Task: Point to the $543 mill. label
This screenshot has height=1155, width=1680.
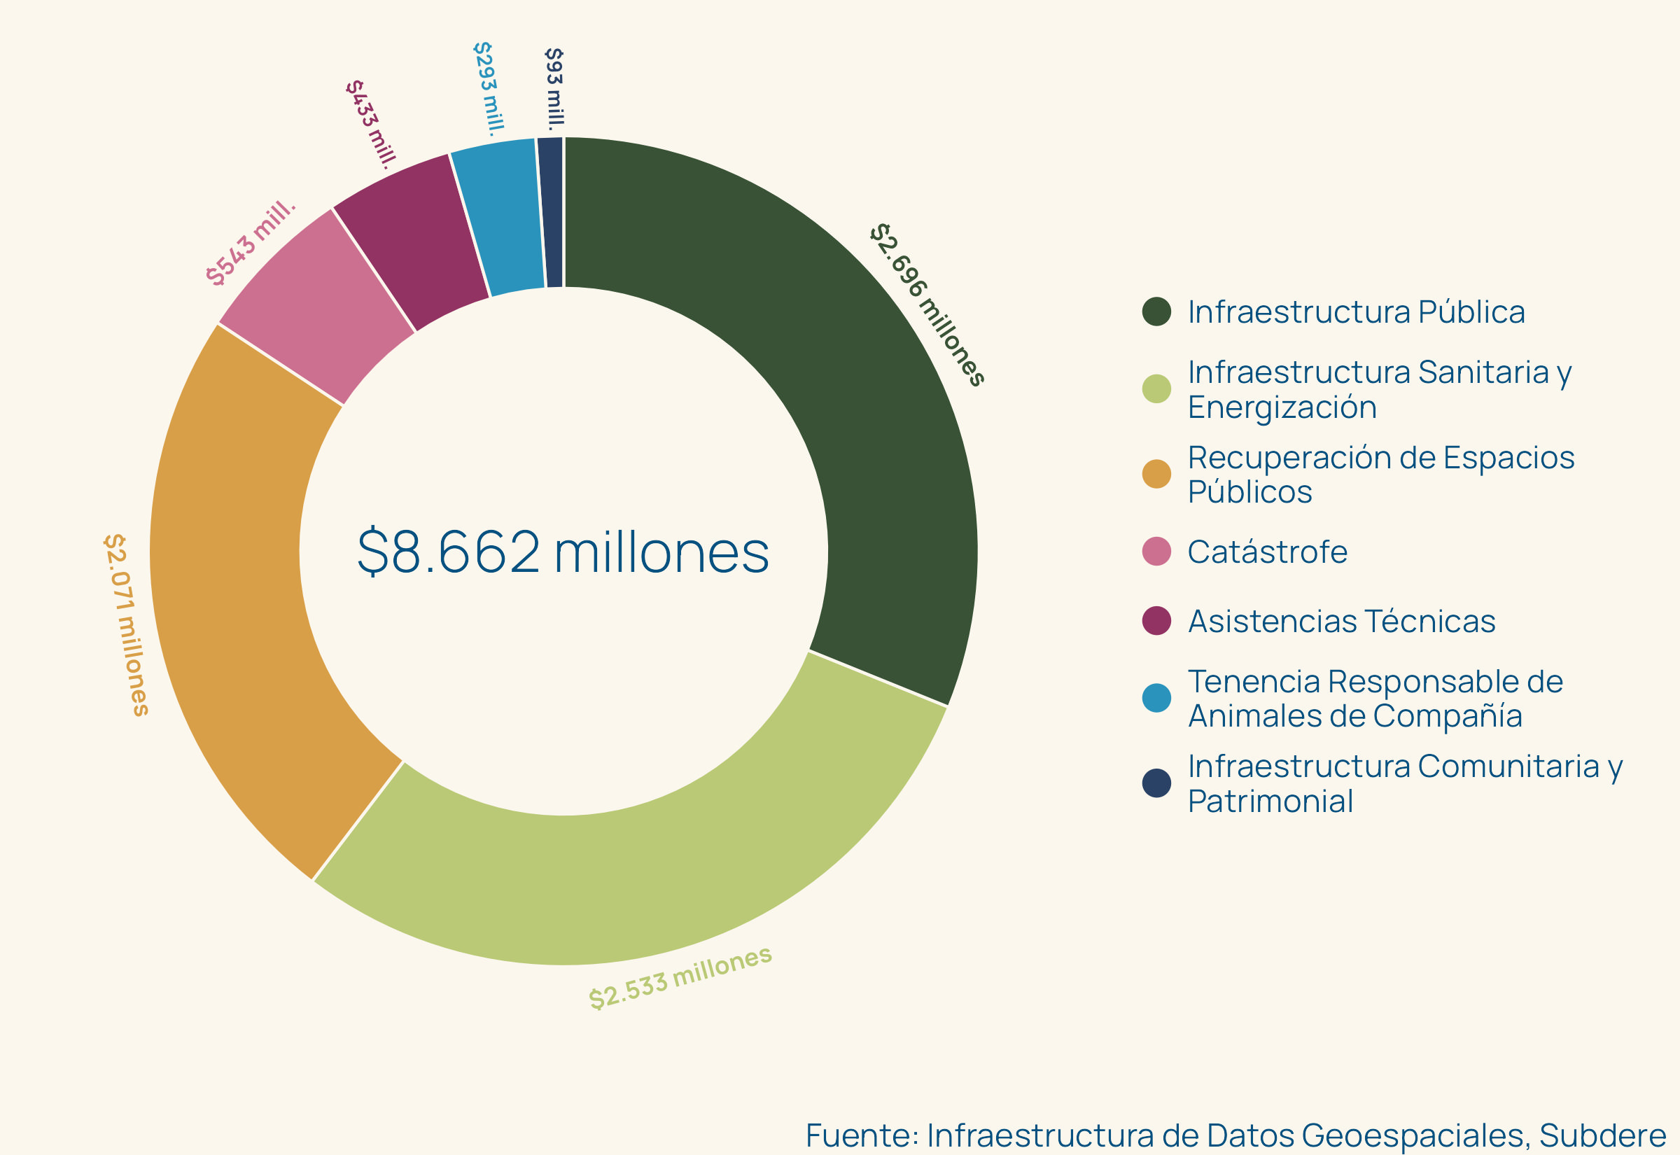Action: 251,243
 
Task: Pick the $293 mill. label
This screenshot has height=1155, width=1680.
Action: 489,88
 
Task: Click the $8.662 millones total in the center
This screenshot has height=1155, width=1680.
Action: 563,552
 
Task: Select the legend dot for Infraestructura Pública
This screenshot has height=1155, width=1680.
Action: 1156,311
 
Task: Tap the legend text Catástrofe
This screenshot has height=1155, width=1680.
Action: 1268,552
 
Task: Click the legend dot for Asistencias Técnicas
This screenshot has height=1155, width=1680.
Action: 1156,621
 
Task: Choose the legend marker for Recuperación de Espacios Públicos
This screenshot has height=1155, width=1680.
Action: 1156,474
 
